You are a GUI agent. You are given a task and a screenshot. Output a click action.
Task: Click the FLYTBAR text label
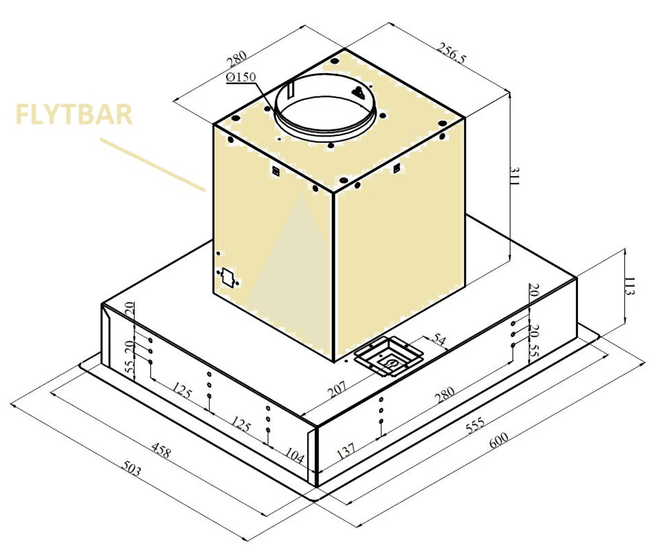point(74,114)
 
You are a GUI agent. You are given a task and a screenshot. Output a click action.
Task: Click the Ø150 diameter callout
point(241,77)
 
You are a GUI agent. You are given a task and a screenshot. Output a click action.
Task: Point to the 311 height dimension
point(514,176)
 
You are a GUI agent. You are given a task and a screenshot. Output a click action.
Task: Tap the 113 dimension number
point(629,286)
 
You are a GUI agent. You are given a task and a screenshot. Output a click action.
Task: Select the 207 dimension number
point(337,390)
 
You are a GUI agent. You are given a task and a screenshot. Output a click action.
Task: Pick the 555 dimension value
point(475,425)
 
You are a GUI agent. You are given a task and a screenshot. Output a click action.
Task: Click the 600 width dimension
point(499,440)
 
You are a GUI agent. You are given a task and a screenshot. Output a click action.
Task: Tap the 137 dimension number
point(346,451)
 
